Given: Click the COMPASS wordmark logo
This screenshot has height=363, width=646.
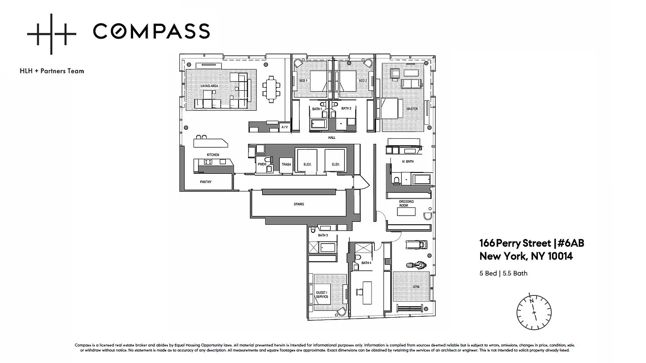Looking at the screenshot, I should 151,31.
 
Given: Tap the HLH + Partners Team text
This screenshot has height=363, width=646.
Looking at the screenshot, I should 52,71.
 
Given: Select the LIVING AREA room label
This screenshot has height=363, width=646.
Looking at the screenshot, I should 210,86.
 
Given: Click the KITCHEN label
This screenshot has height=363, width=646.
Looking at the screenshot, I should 213,155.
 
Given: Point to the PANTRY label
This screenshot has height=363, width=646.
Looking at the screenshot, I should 206,182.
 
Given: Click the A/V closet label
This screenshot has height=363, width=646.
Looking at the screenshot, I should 284,127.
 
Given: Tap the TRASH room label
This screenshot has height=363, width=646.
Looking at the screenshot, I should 286,164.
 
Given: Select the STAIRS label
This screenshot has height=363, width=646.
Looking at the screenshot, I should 298,204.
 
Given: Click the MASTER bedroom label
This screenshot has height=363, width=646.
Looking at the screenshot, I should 412,109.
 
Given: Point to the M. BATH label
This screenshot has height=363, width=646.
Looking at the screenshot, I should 407,162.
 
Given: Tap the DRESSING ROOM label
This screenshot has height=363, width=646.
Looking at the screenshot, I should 406,203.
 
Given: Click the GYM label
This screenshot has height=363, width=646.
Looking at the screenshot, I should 416,287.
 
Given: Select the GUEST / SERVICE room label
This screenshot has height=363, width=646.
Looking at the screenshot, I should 322,294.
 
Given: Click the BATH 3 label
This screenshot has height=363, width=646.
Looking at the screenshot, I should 323,235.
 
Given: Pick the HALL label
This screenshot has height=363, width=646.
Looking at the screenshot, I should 332,137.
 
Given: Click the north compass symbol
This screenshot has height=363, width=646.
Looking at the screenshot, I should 534,312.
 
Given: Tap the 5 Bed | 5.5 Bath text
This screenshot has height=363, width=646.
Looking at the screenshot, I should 503,273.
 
